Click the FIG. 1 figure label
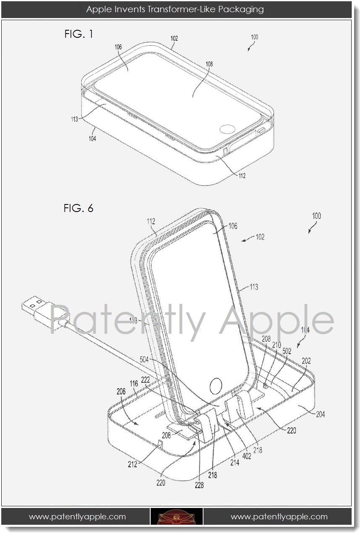tap(78, 34)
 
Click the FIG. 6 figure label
tap(78, 208)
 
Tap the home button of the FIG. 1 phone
tap(228, 129)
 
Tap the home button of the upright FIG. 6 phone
tap(215, 385)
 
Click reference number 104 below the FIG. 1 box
tap(92, 139)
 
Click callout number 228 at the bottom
tap(198, 485)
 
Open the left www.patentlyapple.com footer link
tap(77, 516)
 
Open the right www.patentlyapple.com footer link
tap(279, 516)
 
